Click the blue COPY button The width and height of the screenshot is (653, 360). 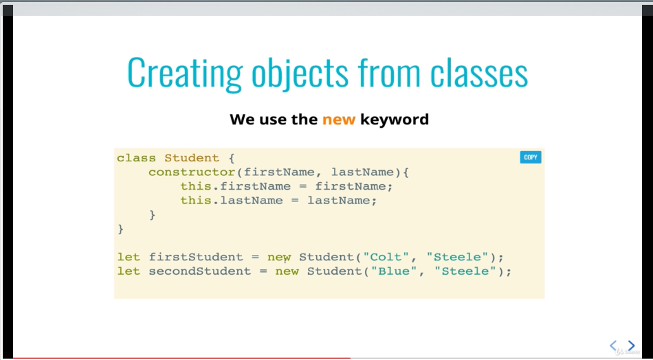click(x=530, y=157)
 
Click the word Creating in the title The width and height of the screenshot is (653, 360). click(x=184, y=73)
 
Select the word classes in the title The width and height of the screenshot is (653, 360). click(x=479, y=73)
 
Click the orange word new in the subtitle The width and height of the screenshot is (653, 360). click(x=339, y=120)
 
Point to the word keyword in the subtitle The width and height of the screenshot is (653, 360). click(x=395, y=120)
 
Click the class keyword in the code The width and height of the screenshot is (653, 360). click(x=136, y=158)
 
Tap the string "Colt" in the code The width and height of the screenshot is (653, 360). click(x=385, y=257)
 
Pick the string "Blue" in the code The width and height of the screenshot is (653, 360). click(x=394, y=271)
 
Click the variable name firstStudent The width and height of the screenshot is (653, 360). click(x=196, y=257)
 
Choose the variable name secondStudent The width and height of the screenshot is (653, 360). click(x=200, y=271)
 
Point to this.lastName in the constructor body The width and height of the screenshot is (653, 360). click(x=232, y=201)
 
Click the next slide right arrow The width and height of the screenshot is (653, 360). click(x=631, y=346)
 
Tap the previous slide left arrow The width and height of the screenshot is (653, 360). click(x=613, y=346)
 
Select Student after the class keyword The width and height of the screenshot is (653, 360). click(x=192, y=158)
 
